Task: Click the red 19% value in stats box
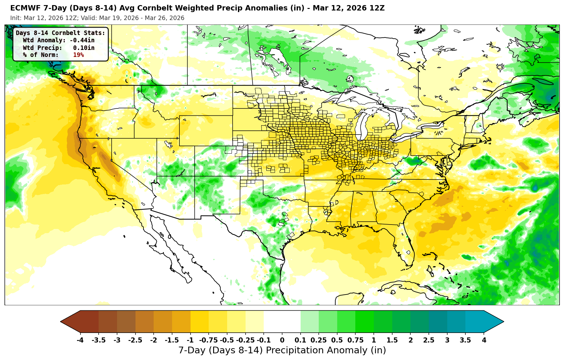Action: [x=78, y=55]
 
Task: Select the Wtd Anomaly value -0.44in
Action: [x=82, y=40]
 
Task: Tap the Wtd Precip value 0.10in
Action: [x=84, y=48]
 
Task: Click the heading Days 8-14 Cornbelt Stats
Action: [x=60, y=33]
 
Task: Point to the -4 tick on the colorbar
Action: [x=80, y=340]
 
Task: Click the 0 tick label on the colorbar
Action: [x=282, y=340]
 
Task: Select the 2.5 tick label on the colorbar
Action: [x=428, y=340]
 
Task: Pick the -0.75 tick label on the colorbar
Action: [x=208, y=340]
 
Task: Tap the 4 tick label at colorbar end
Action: [x=484, y=340]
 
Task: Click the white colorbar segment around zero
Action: [x=282, y=322]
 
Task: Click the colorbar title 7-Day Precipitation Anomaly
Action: [x=282, y=350]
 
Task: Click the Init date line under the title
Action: [x=97, y=18]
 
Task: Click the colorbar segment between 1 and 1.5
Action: [x=383, y=322]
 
